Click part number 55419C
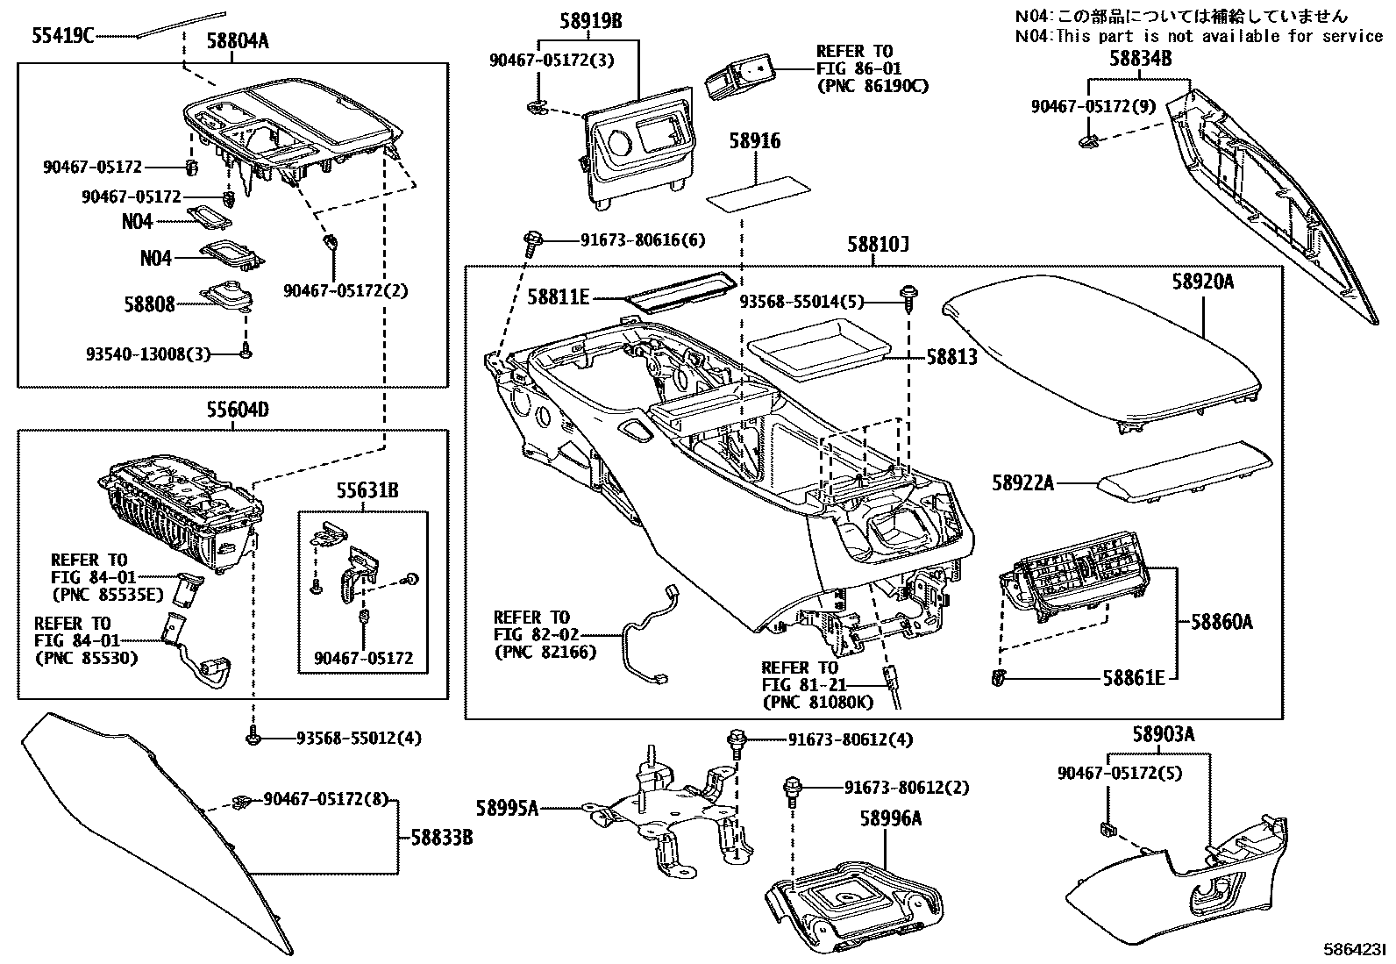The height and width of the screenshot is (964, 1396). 62,36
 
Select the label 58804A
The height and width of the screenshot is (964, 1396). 238,39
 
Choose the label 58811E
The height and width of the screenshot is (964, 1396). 559,297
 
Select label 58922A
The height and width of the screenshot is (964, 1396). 1023,482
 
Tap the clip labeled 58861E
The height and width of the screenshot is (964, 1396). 999,676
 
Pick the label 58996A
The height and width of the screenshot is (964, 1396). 890,818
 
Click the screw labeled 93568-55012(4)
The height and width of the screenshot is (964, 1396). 253,739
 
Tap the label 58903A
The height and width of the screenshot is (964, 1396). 1163,735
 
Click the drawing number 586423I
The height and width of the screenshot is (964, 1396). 1355,950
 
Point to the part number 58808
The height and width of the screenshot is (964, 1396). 149,304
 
